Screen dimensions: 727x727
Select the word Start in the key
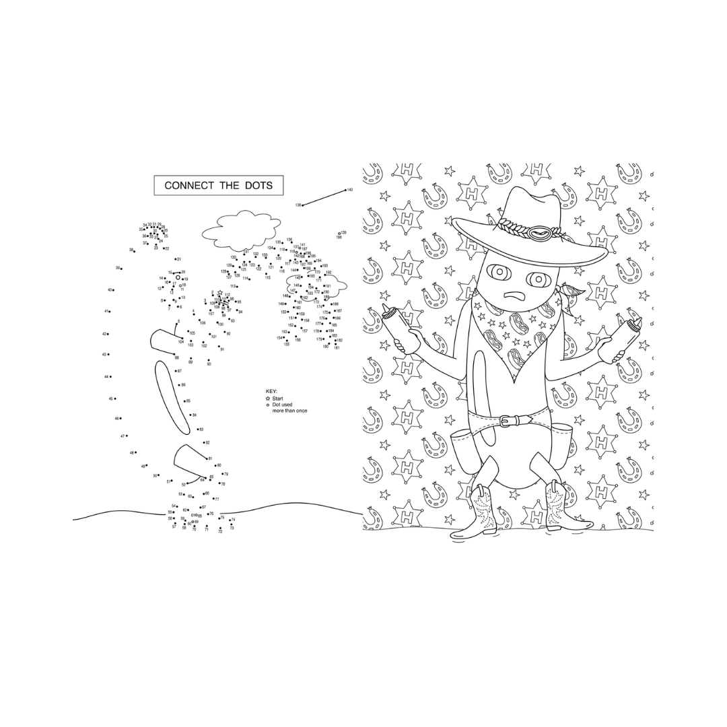point(277,398)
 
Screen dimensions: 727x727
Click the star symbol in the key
point(268,398)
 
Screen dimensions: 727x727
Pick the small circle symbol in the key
point(268,405)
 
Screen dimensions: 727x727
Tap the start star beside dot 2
point(219,292)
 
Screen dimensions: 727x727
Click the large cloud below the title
point(236,230)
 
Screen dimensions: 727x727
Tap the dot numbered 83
point(196,429)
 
